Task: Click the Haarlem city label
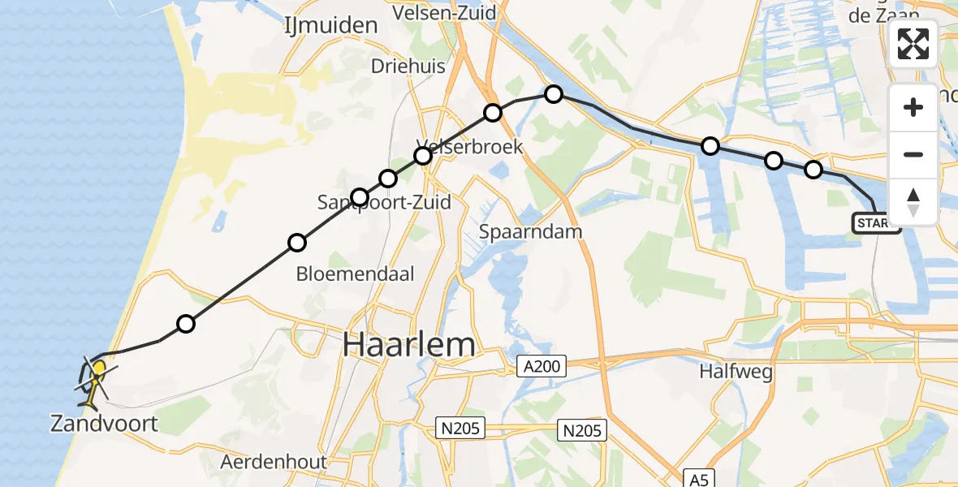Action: click(x=408, y=345)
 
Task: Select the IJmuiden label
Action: click(x=330, y=26)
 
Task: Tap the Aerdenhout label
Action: click(x=274, y=463)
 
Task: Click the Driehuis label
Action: click(x=408, y=67)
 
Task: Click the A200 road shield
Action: click(x=542, y=368)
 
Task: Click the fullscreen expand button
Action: click(x=913, y=44)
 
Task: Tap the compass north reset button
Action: click(x=913, y=201)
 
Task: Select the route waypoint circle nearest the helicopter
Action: click(x=186, y=324)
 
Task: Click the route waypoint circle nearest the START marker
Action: click(x=813, y=170)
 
